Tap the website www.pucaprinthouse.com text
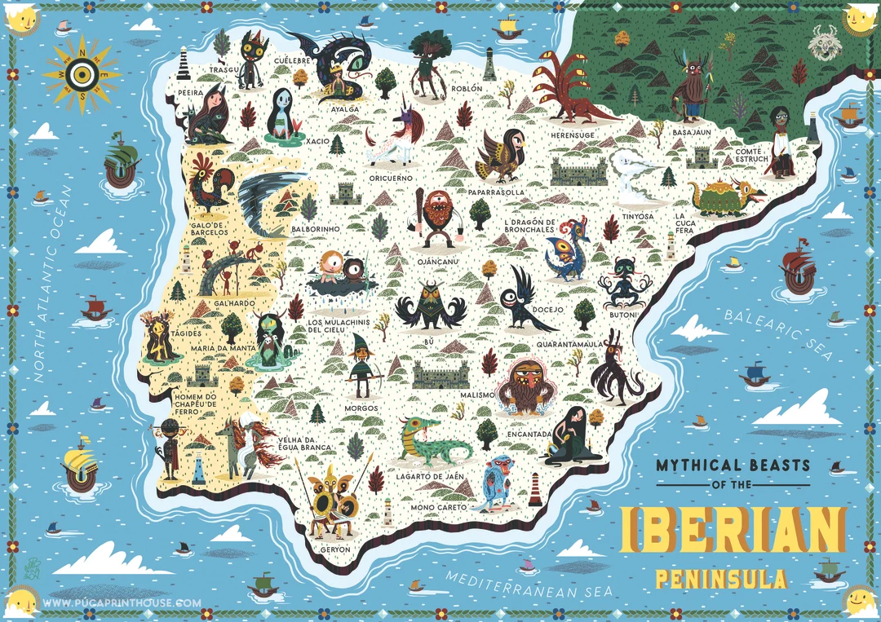[122, 603]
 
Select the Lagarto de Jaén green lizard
[430, 440]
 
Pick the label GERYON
[335, 549]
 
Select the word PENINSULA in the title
[721, 580]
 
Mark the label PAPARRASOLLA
[496, 192]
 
